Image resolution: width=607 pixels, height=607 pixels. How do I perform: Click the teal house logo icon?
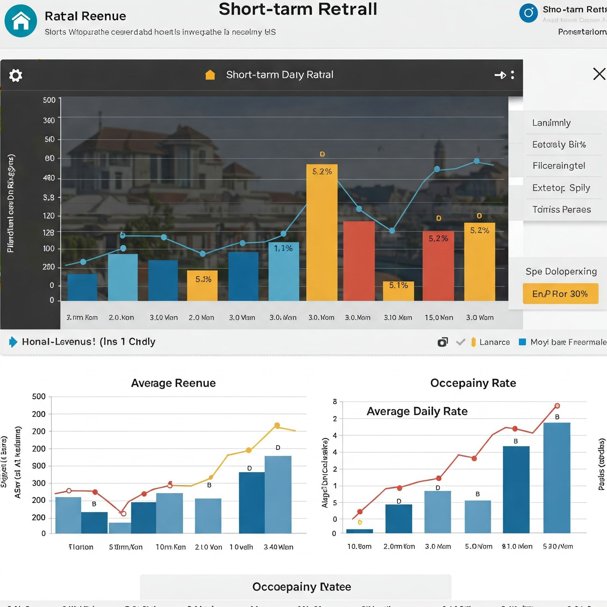[x=21, y=21]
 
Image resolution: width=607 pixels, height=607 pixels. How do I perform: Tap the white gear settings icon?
[x=15, y=75]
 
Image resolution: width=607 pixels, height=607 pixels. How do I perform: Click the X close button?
[x=599, y=74]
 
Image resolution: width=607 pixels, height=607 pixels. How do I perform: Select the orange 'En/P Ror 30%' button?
[x=560, y=294]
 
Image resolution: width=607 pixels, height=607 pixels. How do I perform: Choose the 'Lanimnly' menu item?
[x=551, y=123]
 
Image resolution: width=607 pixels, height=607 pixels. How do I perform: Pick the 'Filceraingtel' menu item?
[x=559, y=166]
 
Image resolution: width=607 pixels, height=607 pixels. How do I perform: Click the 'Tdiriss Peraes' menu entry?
[x=561, y=209]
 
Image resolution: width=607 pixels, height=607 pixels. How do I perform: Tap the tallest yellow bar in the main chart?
[x=322, y=232]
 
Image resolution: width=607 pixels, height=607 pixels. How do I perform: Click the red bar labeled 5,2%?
[x=438, y=266]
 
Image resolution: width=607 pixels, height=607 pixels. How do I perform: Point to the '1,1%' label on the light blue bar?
[x=283, y=248]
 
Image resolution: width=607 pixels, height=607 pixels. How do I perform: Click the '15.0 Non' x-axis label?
[x=439, y=317]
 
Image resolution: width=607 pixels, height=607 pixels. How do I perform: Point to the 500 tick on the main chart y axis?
[x=49, y=100]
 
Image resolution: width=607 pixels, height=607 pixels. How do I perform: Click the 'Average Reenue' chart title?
[x=173, y=383]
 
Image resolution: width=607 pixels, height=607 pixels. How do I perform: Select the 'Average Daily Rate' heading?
[x=417, y=411]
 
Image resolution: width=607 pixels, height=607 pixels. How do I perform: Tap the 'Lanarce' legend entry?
[x=494, y=342]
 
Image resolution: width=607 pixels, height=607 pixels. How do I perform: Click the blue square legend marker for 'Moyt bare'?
[x=522, y=342]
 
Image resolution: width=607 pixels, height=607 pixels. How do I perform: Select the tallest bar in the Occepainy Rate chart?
[x=557, y=478]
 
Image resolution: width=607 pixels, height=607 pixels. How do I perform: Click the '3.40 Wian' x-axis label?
[x=279, y=547]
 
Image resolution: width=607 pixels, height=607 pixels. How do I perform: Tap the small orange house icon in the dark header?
[x=210, y=75]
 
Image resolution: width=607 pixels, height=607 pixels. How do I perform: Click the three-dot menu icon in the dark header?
[x=512, y=75]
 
